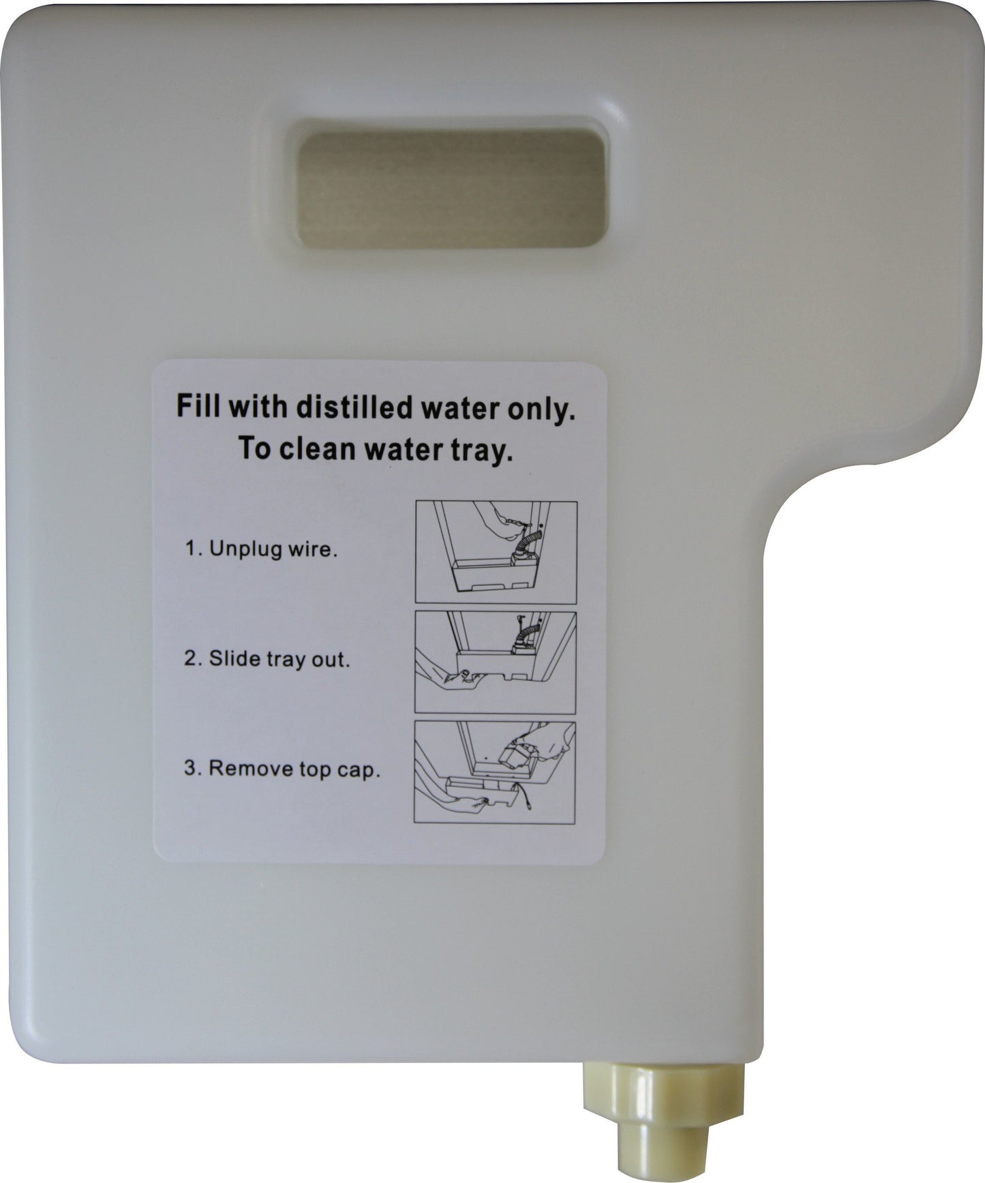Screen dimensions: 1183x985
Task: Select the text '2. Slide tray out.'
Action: tap(267, 660)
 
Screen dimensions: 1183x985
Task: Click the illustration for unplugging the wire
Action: tap(496, 552)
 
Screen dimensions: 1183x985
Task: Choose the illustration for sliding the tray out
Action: tap(496, 662)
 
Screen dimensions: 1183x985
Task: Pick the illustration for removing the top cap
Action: tap(495, 772)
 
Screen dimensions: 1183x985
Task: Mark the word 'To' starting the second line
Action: tap(253, 451)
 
